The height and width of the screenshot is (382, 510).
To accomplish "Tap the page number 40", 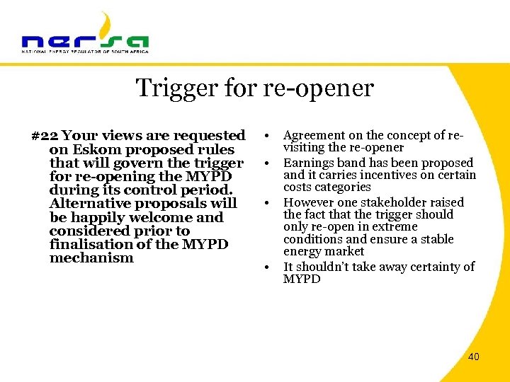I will click(473, 357).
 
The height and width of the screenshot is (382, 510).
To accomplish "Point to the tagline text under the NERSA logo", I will click(85, 52).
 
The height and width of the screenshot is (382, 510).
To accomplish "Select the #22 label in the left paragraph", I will click(45, 135).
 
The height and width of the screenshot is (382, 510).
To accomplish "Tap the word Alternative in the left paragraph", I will click(89, 204).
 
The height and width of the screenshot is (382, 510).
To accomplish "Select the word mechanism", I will click(91, 258).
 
